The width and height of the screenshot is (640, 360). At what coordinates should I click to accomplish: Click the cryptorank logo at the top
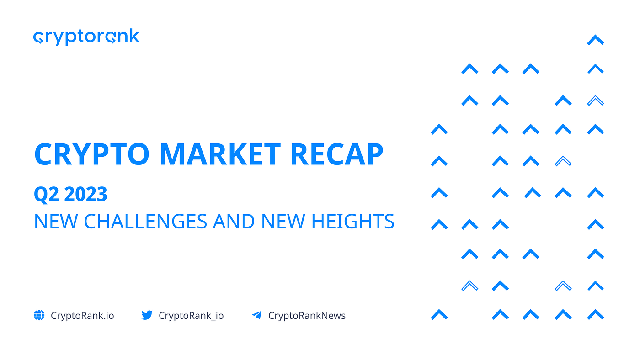click(86, 37)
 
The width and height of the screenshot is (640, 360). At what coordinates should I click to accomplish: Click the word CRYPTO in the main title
click(92, 154)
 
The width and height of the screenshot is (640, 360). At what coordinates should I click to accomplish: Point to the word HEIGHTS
click(352, 222)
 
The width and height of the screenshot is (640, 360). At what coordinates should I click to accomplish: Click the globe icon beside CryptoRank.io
click(39, 315)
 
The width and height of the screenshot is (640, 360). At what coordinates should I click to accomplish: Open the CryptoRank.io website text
click(82, 316)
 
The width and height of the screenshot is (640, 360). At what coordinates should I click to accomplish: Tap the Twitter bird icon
click(147, 315)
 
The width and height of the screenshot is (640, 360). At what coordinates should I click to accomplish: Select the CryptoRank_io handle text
click(191, 316)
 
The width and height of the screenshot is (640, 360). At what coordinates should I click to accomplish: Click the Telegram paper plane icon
click(257, 315)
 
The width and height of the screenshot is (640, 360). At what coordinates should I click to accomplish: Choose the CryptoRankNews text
click(307, 316)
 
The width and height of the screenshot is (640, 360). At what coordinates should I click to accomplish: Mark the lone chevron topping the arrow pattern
click(595, 40)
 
